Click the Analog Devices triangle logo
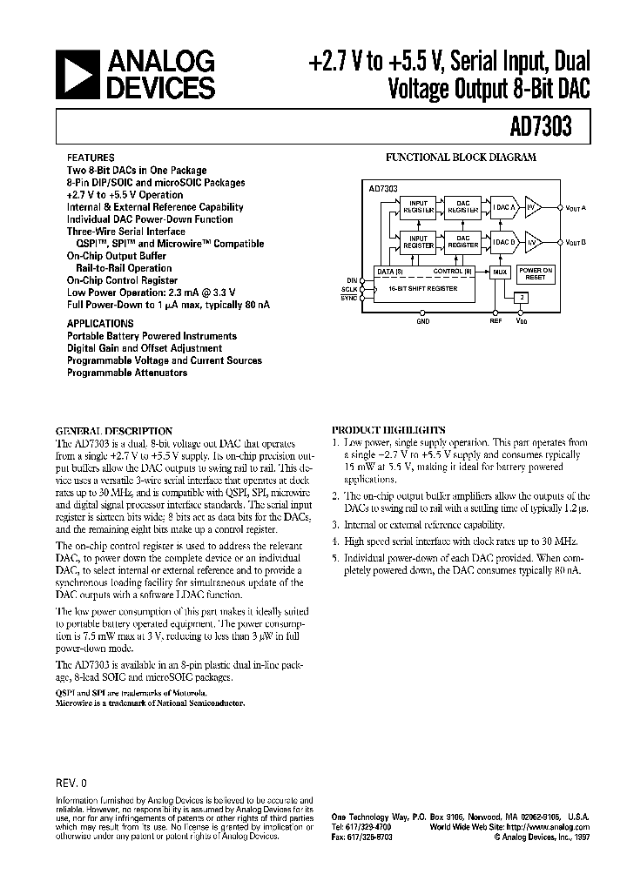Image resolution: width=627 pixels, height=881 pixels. point(77,76)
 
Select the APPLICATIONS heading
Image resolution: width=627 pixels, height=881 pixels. point(96,322)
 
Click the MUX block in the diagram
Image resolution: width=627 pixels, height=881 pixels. point(499,272)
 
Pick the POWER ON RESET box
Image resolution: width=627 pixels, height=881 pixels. point(536,273)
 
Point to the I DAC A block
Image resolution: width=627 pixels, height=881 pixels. point(505,206)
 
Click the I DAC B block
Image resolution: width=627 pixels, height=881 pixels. point(505,242)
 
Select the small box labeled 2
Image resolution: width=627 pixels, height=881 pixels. point(521,298)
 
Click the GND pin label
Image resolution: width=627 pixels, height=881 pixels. point(423,321)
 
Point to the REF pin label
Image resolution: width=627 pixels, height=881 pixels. point(496,321)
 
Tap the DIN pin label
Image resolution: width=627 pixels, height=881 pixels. point(352,280)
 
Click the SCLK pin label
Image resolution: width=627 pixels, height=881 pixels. point(349,289)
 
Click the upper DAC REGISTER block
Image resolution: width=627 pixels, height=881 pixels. point(463,206)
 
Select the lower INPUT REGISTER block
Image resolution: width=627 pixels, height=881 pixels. point(419,242)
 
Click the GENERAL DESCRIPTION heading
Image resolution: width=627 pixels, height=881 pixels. point(114,431)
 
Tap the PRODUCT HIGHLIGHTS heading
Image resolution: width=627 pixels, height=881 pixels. point(388,430)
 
